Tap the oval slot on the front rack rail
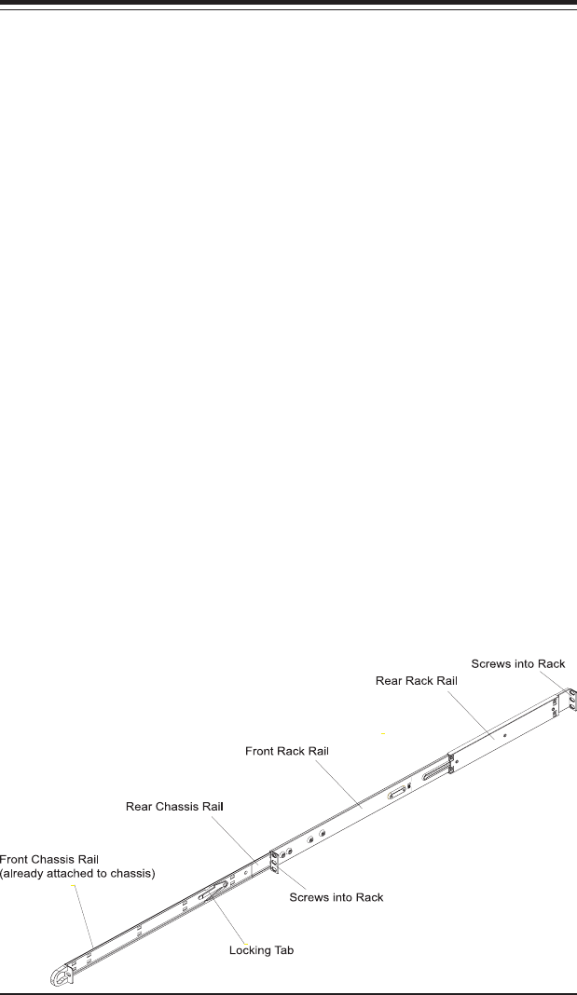pos(398,792)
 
